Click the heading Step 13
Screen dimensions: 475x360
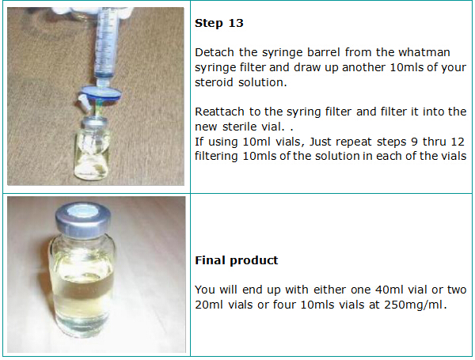click(219, 23)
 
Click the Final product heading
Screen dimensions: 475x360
click(236, 260)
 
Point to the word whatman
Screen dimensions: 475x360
click(424, 52)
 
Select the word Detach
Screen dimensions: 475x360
click(215, 52)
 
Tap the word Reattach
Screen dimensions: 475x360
click(219, 112)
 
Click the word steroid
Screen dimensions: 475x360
click(214, 82)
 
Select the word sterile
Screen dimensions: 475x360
click(240, 127)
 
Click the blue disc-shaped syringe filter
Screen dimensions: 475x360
click(101, 93)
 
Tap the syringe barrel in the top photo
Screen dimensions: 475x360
click(106, 44)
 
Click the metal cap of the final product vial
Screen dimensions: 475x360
click(82, 218)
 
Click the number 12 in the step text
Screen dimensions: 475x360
click(457, 142)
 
